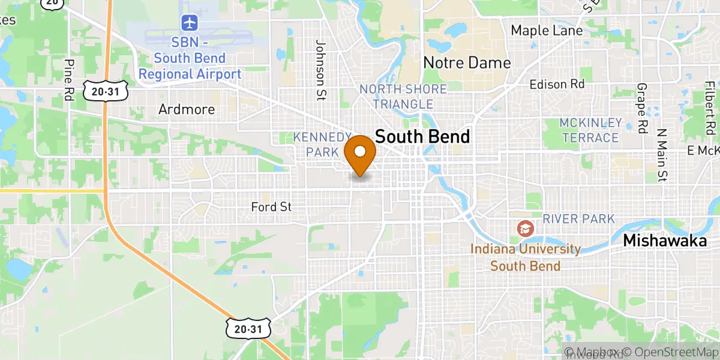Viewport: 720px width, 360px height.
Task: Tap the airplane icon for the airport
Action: coord(190,23)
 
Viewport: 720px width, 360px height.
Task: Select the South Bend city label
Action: coord(422,137)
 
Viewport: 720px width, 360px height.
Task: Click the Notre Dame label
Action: coord(467,62)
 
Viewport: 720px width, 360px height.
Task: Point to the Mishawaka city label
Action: coord(665,241)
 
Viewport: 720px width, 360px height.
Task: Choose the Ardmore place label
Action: coord(187,109)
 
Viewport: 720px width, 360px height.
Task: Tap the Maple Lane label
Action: coord(547,31)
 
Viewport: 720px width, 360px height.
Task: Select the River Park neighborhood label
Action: coord(579,218)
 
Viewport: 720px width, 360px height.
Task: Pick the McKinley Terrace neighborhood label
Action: coord(590,130)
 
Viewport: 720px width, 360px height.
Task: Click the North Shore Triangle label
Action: coord(403,97)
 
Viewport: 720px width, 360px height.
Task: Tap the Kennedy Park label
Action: coord(322,145)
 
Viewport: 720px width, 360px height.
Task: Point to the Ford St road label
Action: coord(271,207)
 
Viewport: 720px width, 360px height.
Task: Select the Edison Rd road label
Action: coord(557,85)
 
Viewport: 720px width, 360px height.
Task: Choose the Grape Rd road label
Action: coord(644,108)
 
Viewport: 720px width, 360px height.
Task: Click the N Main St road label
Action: coord(662,154)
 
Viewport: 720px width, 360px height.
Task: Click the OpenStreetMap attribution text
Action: coord(670,352)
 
